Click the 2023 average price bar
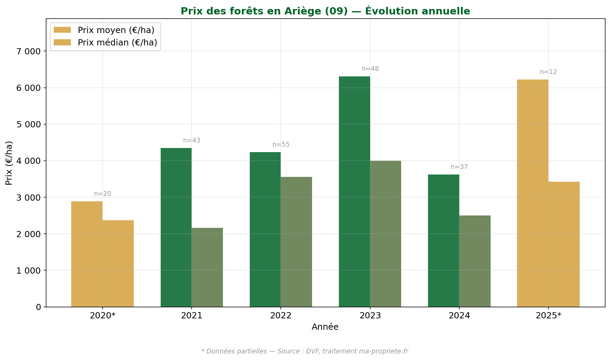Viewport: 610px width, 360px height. pos(354,191)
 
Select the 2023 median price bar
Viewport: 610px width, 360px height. pos(385,234)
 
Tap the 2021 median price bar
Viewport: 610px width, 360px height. pos(207,267)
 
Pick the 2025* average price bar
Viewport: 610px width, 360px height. pos(533,193)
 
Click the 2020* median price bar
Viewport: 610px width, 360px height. pos(118,263)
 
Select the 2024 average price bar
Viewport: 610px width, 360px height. pos(443,241)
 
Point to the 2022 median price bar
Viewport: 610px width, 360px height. pos(296,242)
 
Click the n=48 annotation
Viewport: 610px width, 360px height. pos(370,69)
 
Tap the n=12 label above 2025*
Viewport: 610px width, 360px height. pos(548,72)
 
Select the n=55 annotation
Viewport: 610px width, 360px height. pos(281,145)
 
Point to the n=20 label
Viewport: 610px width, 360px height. pos(103,194)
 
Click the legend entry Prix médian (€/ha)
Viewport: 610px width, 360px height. pos(117,42)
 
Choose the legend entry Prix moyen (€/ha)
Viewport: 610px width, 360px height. pos(116,30)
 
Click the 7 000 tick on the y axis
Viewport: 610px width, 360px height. pos(29,51)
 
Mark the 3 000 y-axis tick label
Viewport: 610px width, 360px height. pos(29,198)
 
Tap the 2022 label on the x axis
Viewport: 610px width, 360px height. pos(281,316)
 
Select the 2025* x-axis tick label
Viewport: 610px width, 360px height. pos(548,316)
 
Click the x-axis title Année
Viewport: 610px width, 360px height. pos(325,327)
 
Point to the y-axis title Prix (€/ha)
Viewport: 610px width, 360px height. pos(9,163)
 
